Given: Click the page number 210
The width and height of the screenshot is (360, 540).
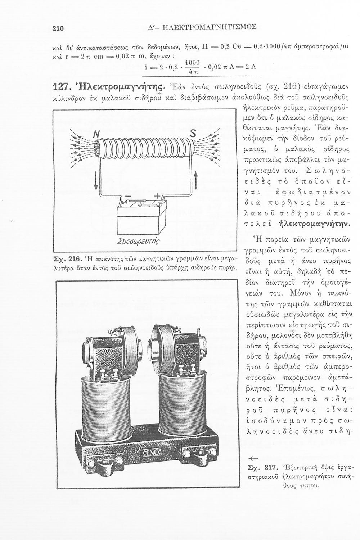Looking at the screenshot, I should (58, 28).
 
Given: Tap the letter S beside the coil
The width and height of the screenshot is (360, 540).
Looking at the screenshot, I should (192, 134).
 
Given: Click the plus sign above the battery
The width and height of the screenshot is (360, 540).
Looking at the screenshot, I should (157, 195).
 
